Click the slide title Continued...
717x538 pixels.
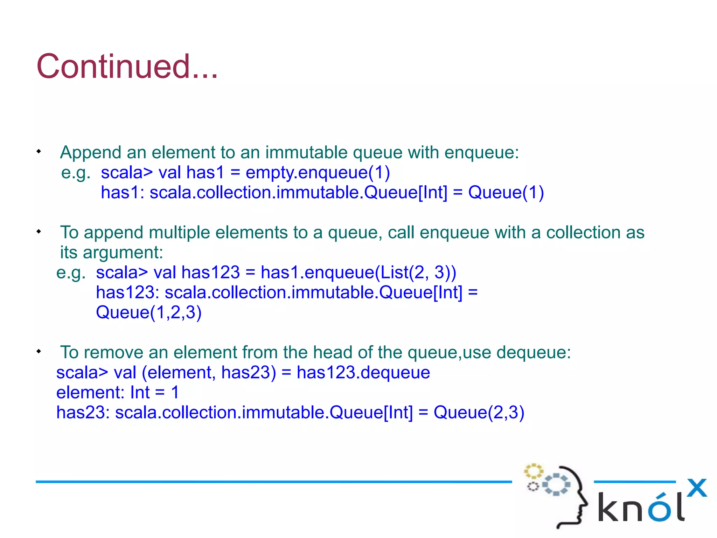(127, 67)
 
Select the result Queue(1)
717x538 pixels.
(506, 193)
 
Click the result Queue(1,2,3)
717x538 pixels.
(149, 312)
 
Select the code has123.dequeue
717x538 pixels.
(363, 372)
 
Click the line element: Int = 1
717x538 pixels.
(118, 392)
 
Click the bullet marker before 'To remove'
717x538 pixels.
(39, 351)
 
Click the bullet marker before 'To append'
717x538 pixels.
(39, 232)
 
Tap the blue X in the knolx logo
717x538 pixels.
(696, 488)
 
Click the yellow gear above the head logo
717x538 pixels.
(533, 471)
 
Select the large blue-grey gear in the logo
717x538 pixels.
(556, 485)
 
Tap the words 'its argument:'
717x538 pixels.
(111, 253)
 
